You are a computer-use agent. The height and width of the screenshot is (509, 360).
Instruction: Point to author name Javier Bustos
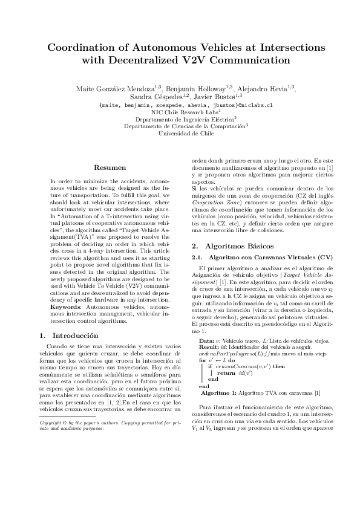216,96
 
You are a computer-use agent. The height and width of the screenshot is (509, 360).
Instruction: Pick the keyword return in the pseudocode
226,373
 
